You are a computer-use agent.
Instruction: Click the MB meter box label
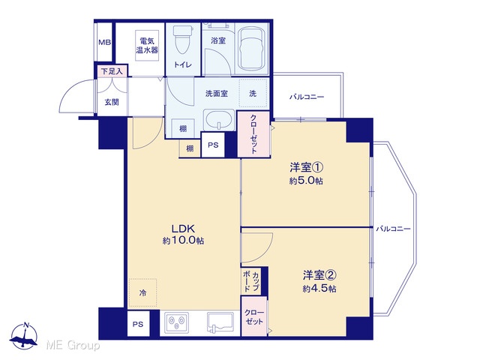pos(105,43)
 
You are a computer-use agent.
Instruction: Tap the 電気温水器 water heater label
pos(147,45)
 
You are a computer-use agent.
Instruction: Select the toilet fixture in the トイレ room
pos(183,40)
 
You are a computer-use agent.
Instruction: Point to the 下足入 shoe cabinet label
pos(112,72)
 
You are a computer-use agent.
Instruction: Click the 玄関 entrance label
pos(112,102)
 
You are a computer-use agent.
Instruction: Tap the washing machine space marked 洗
pos(253,93)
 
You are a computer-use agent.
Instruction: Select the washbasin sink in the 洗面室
pos(218,119)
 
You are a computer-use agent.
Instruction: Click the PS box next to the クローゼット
pos(213,145)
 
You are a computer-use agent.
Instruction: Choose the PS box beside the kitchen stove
pos(138,323)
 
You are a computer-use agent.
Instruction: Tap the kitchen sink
pos(220,322)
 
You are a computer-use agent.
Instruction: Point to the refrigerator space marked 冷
pos(142,292)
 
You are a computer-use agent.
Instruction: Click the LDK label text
pos(183,229)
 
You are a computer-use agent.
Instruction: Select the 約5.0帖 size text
pos(306,181)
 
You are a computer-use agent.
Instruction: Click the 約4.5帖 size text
pos(319,289)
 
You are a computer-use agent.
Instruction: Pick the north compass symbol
pos(23,336)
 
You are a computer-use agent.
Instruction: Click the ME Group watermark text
pos(73,346)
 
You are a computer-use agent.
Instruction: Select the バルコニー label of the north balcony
pos(307,97)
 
